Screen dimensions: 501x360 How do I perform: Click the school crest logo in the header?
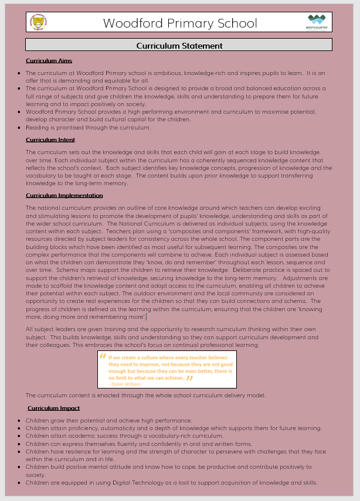[x=39, y=23]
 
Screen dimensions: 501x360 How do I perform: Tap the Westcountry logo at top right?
[x=317, y=22]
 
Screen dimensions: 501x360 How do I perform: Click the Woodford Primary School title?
[x=180, y=23]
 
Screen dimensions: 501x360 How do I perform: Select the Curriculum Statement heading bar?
[x=179, y=45]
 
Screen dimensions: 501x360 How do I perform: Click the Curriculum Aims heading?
[x=49, y=60]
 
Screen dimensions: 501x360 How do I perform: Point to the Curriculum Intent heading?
[x=50, y=139]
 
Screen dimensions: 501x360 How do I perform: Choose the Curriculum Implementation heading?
[x=64, y=195]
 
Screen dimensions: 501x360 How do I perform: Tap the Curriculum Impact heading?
[x=53, y=408]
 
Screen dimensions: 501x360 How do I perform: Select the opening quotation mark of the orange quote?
[x=103, y=357]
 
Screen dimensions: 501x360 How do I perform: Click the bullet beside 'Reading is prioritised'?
[x=19, y=128]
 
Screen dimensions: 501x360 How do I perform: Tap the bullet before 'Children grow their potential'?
[x=19, y=421]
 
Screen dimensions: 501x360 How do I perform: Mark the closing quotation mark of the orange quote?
[x=189, y=378]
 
